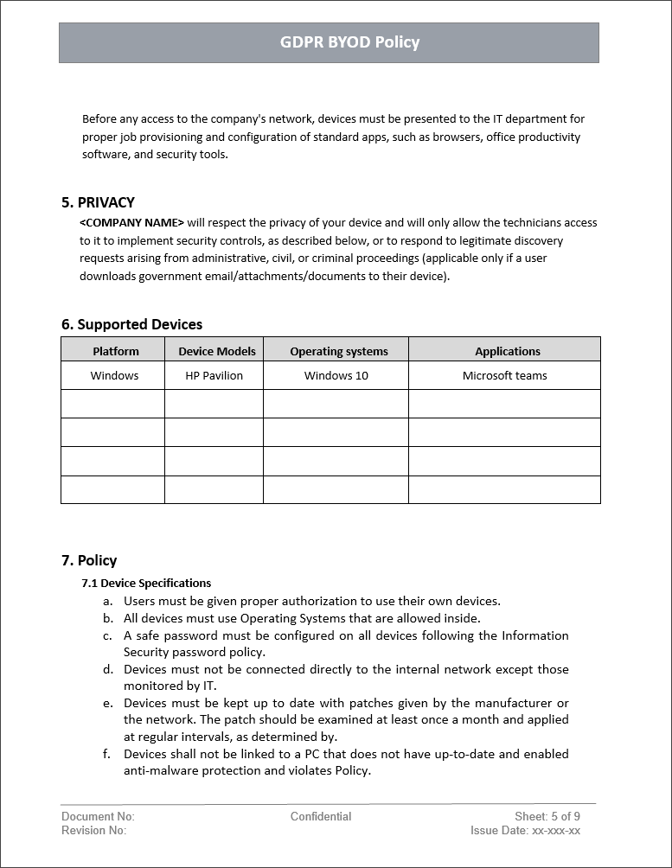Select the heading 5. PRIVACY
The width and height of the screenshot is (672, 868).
click(x=98, y=202)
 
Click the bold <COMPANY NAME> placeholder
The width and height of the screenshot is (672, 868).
click(x=131, y=223)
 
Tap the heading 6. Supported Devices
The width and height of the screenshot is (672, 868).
click(x=131, y=324)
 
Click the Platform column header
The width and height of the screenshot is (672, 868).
click(x=116, y=351)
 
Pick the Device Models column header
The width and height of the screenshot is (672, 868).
click(x=217, y=351)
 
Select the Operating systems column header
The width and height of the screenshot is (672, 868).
click(x=338, y=351)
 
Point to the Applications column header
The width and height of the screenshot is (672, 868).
click(x=507, y=351)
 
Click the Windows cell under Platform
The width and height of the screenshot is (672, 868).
click(x=114, y=375)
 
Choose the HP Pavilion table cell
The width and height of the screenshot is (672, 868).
click(x=214, y=375)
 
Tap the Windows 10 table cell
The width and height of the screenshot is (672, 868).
click(x=336, y=375)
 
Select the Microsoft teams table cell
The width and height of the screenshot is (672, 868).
click(x=504, y=375)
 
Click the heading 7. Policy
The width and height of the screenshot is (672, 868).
click(x=89, y=560)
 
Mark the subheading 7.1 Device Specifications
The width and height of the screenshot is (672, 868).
click(x=146, y=584)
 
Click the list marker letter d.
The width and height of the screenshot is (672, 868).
click(x=107, y=669)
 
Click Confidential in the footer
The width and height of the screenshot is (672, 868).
click(x=321, y=816)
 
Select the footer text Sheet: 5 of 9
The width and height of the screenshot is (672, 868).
click(x=547, y=816)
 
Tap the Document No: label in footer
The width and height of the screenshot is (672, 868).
click(x=98, y=816)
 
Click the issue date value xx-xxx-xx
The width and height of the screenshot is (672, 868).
click(x=556, y=831)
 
